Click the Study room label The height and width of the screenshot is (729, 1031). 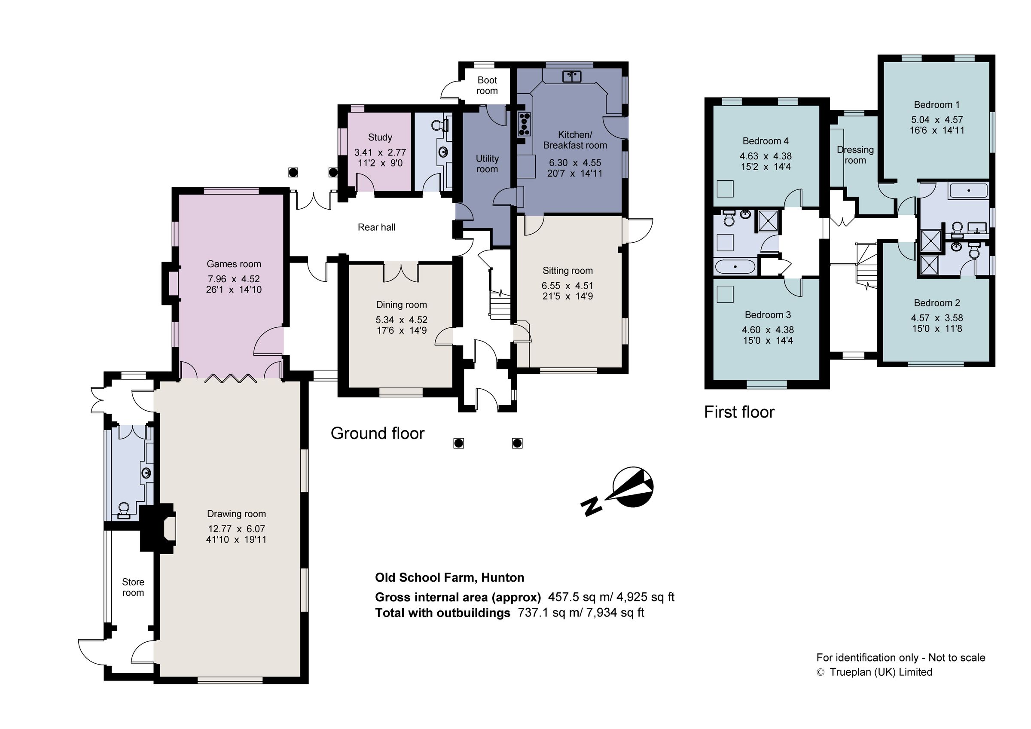pos(380,137)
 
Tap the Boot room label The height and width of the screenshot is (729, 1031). pos(487,85)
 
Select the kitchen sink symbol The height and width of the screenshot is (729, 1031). pos(572,77)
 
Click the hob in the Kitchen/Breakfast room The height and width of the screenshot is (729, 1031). pos(524,124)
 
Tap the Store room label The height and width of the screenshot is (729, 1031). pos(133,587)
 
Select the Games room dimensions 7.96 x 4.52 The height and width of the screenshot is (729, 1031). pos(234,279)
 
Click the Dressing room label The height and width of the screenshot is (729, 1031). pos(855,155)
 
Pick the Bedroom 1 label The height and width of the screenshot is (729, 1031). pos(936,105)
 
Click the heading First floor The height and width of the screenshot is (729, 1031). pos(739,412)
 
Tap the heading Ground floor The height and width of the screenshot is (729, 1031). pos(377,433)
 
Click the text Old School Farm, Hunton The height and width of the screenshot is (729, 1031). pos(449,578)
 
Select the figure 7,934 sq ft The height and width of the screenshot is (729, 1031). pos(615,613)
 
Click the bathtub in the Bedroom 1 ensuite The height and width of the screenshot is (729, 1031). pos(968,191)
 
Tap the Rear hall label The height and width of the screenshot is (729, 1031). pos(376,227)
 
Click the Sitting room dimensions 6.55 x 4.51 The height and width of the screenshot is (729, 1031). pos(567,286)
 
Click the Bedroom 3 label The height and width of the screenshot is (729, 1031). pos(767,315)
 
